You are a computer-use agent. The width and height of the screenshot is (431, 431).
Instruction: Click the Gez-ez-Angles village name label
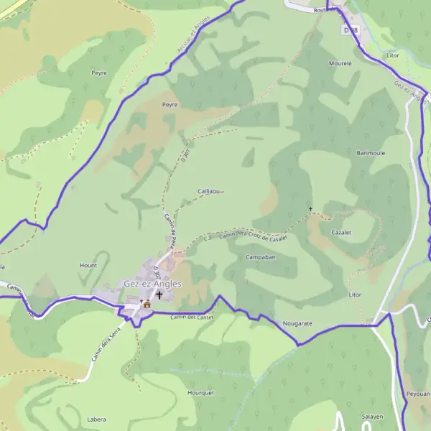152,284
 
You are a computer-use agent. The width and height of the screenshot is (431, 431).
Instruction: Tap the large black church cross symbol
159,295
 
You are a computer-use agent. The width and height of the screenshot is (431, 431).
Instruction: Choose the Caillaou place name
208,191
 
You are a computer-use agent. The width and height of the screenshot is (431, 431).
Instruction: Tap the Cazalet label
341,233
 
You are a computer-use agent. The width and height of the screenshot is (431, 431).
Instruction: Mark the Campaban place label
261,256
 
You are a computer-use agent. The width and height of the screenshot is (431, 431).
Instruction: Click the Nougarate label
297,323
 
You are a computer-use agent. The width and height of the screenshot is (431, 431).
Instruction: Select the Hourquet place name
200,393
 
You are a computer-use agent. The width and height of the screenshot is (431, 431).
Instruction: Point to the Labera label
96,419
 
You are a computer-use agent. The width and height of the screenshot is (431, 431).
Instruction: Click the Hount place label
88,265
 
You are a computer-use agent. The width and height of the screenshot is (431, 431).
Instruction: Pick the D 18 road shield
351,30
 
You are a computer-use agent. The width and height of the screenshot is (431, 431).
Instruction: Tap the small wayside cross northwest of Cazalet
310,209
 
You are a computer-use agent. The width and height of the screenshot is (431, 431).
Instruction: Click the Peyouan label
418,394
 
